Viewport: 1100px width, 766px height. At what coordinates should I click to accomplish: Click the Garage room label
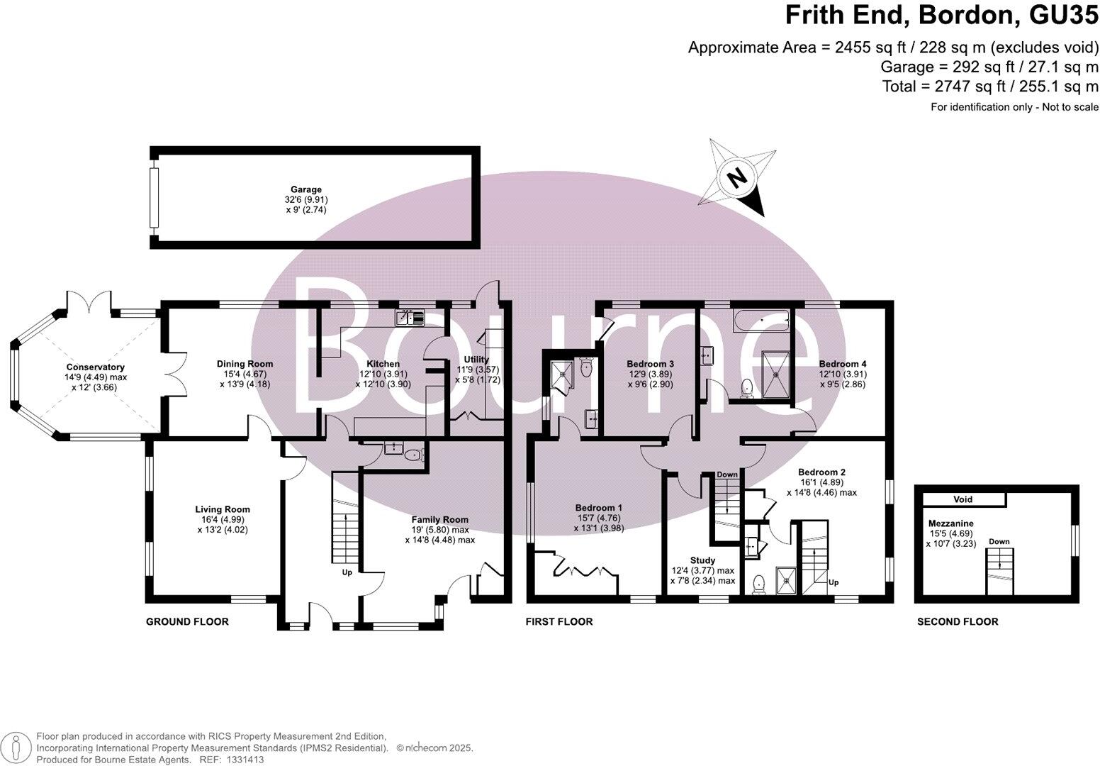pos(308,189)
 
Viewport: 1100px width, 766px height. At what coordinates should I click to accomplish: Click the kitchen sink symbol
pos(410,318)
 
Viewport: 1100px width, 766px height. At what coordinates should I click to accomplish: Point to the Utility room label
pos(476,360)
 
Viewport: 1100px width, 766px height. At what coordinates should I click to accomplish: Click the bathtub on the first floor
pos(762,321)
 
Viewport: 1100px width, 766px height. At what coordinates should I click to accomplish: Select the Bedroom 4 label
pos(843,364)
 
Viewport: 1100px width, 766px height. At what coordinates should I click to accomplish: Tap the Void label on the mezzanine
pos(962,499)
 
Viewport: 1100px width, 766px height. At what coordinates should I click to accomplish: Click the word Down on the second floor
pos(999,542)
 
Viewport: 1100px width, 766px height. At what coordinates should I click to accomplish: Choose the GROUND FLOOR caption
pos(187,622)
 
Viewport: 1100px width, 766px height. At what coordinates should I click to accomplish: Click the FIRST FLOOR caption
pos(559,622)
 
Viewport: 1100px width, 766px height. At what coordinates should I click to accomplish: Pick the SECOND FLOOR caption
pos(958,622)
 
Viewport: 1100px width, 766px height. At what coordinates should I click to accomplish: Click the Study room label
pos(702,560)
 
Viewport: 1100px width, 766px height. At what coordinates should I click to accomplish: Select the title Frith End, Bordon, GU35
pos(942,16)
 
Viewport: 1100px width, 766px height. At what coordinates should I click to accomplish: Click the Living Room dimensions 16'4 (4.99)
pos(223,519)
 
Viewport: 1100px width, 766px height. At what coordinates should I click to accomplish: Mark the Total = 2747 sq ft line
pos(990,87)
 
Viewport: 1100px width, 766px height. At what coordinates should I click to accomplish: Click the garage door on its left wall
pos(154,198)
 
